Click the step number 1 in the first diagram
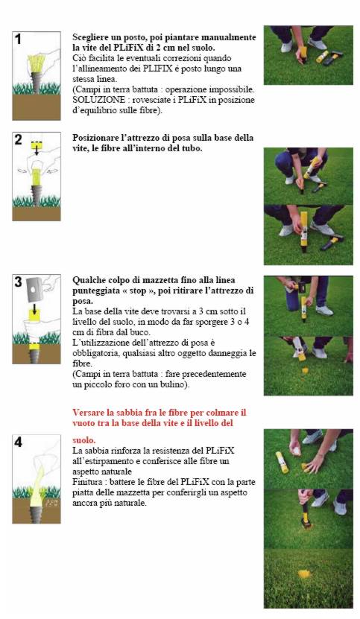(x=19, y=39)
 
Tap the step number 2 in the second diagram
(x=19, y=140)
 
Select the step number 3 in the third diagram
(x=19, y=282)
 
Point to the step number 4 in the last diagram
(x=19, y=442)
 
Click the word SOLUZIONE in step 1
(x=90, y=101)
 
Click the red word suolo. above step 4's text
(x=83, y=440)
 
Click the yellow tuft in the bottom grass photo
(x=303, y=574)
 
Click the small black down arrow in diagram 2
(x=37, y=152)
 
